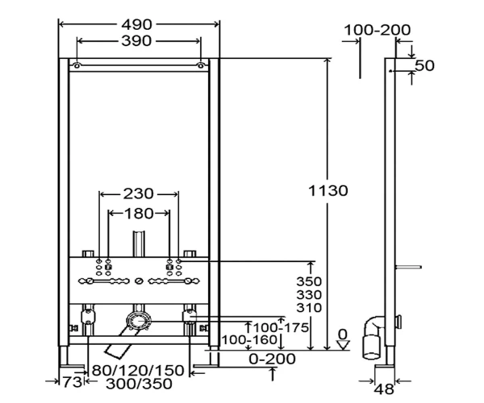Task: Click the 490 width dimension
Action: click(x=137, y=25)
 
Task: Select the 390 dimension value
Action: click(x=136, y=40)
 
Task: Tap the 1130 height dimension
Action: click(x=328, y=190)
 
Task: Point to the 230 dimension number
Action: click(x=138, y=194)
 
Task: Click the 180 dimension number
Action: click(x=138, y=214)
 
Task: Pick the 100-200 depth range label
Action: click(x=378, y=30)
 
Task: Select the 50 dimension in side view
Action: click(x=424, y=65)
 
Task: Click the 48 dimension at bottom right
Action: click(x=384, y=389)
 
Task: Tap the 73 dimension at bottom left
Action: click(x=73, y=382)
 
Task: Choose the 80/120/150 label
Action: click(x=138, y=370)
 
